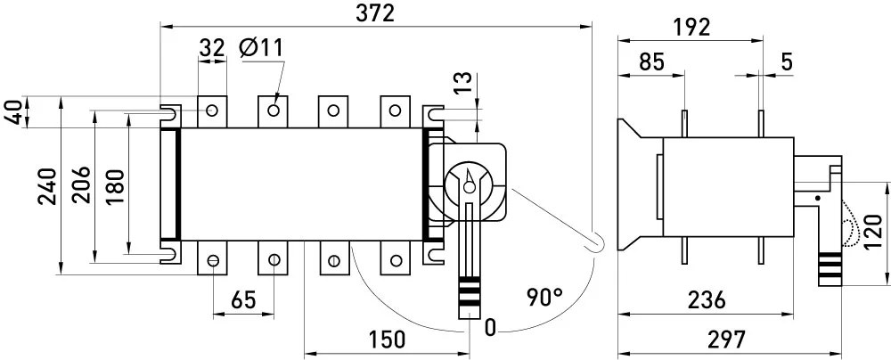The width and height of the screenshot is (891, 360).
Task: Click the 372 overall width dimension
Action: tap(375, 13)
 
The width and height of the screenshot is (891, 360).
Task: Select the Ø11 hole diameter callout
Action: tap(261, 48)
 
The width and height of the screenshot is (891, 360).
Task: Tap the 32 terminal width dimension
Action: tap(212, 48)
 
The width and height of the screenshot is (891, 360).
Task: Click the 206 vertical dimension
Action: tap(81, 184)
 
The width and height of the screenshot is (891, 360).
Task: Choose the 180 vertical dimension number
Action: tap(115, 186)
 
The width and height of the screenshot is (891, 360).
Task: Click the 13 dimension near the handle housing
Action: tap(463, 83)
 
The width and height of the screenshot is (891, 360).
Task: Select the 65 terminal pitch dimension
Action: tap(243, 299)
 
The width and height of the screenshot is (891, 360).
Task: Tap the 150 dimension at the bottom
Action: tap(387, 340)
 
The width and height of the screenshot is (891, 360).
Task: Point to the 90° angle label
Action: tap(544, 297)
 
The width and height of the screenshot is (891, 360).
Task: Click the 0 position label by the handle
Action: tap(490, 328)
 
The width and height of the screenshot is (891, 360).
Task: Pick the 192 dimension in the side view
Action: tap(691, 27)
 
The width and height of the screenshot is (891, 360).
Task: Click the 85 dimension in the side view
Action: tap(651, 61)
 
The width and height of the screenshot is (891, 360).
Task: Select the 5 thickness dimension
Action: tap(787, 61)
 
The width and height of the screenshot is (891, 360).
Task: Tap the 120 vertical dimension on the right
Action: tap(875, 231)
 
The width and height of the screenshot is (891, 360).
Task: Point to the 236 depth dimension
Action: tap(707, 299)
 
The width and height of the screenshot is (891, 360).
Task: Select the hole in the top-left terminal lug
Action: tap(212, 110)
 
